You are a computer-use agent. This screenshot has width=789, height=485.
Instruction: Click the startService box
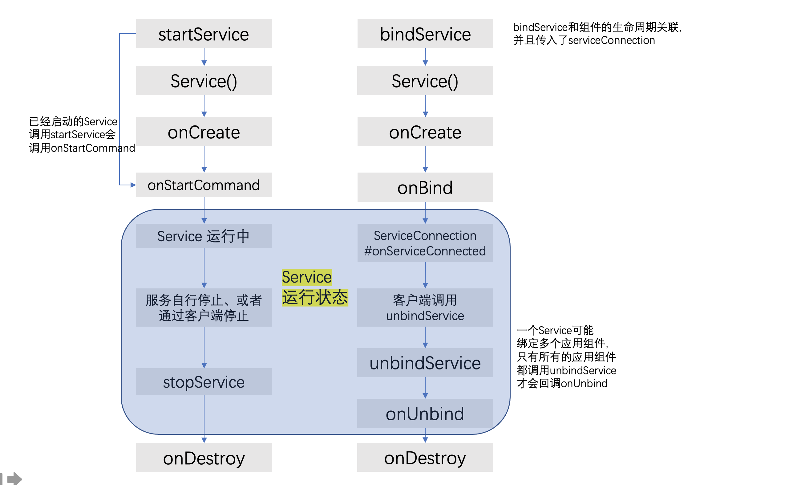204,34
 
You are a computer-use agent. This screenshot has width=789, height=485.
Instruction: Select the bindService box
425,34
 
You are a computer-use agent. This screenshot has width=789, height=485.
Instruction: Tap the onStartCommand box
204,185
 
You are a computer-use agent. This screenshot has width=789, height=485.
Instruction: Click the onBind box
425,187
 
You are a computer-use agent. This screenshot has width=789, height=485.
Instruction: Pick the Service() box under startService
204,80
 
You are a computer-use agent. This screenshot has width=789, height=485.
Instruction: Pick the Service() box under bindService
425,80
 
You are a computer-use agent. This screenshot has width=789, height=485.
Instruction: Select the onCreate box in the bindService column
425,132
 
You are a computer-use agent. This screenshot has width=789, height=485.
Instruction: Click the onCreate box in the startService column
204,132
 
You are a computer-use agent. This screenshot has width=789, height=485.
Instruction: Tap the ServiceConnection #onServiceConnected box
425,243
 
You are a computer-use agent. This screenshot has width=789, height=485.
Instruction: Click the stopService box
204,382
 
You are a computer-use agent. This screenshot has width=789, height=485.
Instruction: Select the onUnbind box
425,414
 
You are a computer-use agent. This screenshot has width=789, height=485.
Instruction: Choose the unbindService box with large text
425,363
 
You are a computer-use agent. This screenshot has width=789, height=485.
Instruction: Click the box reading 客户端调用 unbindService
425,308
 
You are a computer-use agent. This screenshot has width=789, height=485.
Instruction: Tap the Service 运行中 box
204,236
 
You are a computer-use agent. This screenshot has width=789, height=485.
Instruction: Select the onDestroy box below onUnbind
425,457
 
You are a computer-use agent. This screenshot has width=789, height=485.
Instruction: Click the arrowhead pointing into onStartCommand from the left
133,185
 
